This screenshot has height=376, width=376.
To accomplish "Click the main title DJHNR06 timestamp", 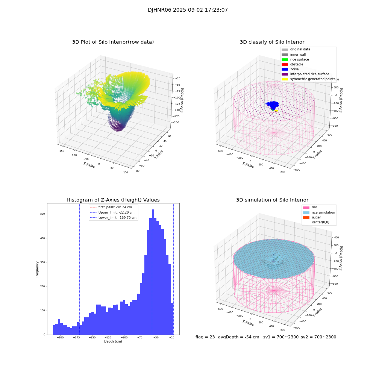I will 188,10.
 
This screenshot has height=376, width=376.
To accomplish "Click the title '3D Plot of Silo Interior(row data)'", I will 113,42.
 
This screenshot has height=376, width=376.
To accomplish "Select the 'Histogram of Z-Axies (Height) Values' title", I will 113,200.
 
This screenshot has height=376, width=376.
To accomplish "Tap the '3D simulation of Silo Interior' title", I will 272,200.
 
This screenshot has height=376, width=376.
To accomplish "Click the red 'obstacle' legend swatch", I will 285,64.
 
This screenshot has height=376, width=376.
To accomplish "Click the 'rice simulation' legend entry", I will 323,212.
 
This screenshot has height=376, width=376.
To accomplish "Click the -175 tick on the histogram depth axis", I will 76,338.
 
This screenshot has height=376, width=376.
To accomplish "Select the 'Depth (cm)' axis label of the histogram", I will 113,341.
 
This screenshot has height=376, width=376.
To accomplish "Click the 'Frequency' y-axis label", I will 38,269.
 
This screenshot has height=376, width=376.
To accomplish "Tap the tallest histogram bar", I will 153,271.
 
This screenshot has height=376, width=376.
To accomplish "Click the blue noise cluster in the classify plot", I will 273,104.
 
